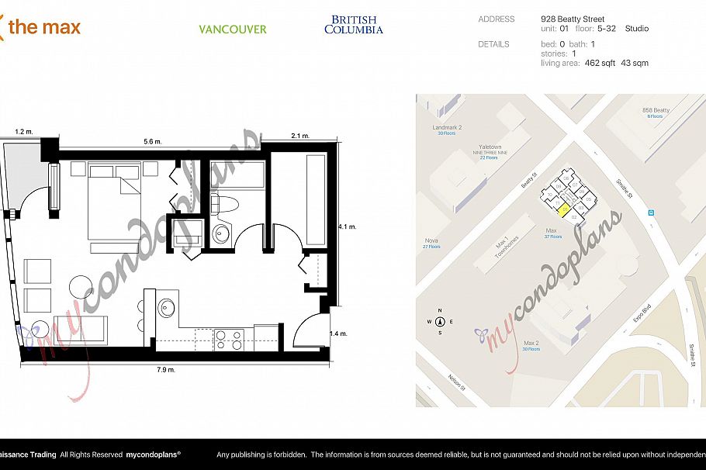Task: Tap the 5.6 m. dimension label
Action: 153,142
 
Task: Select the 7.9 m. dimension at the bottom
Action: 166,370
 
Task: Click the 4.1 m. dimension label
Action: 347,226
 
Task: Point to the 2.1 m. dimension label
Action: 300,137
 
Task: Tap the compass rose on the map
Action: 440,320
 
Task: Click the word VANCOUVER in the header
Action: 232,29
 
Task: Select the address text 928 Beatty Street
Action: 572,19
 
